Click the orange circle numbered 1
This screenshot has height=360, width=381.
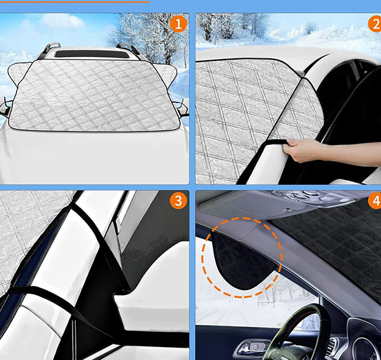pyautogui.click(x=178, y=24)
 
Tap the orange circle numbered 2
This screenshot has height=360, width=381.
pyautogui.click(x=375, y=24)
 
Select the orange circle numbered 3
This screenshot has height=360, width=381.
pyautogui.click(x=178, y=201)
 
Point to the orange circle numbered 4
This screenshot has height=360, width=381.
pyautogui.click(x=375, y=201)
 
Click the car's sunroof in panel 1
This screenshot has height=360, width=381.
pyautogui.click(x=91, y=54)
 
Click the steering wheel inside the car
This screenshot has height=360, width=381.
pyautogui.click(x=299, y=334)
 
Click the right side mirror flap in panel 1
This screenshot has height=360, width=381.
pyautogui.click(x=165, y=74)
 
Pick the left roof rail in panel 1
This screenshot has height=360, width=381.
pyautogui.click(x=49, y=50)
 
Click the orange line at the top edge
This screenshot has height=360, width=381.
pyautogui.click(x=75, y=2)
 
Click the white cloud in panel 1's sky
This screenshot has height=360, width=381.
pyautogui.click(x=62, y=21)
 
